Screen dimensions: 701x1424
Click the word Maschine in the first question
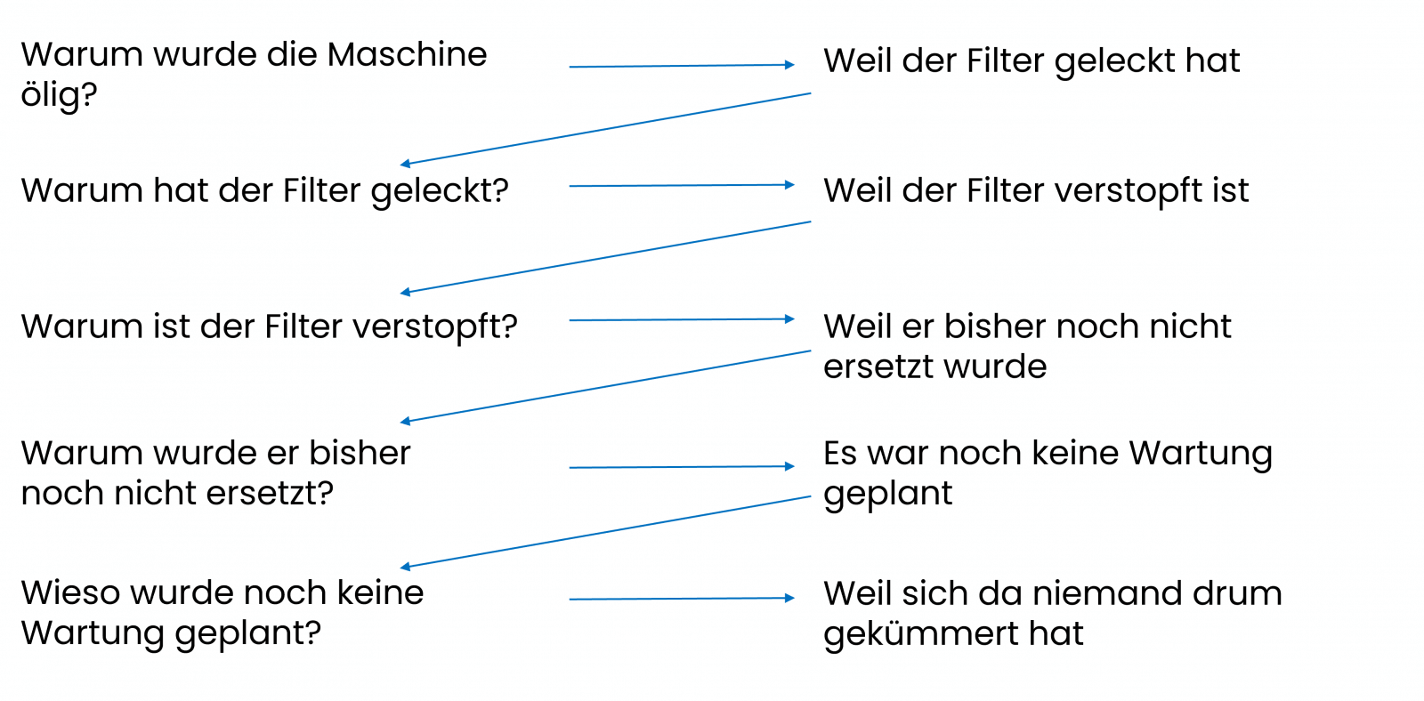point(407,55)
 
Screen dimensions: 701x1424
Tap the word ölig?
point(59,95)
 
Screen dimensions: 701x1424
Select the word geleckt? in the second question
point(440,191)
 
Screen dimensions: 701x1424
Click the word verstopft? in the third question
point(435,327)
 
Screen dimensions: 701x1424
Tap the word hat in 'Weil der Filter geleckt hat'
point(1212,61)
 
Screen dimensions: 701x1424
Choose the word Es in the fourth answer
point(840,454)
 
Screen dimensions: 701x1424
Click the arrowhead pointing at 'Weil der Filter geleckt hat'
point(789,65)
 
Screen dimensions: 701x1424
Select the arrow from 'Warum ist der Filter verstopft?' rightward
point(681,319)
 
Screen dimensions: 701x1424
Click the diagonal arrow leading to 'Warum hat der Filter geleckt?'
point(605,128)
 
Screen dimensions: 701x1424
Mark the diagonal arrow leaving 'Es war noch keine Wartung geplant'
point(605,532)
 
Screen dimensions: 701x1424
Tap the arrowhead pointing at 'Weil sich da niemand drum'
point(789,598)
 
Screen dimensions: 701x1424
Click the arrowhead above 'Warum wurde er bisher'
point(406,421)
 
